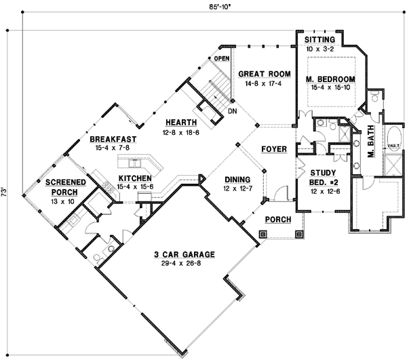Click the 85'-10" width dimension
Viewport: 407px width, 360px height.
tap(204, 9)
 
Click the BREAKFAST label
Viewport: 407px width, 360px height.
tap(114, 140)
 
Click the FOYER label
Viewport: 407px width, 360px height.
tap(273, 148)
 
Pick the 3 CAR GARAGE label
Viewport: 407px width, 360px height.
tap(183, 254)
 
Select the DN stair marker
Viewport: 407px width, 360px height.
tap(232, 110)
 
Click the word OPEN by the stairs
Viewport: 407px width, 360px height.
tap(222, 59)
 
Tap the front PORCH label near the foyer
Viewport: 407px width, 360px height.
tap(278, 220)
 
